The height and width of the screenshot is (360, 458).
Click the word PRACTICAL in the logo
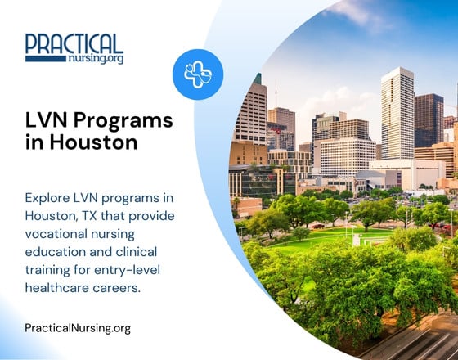74,43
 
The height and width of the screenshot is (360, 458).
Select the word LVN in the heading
46,121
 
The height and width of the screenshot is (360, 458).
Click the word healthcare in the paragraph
61,289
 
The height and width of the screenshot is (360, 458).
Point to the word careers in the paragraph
128,289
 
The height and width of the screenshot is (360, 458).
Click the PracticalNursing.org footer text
78,328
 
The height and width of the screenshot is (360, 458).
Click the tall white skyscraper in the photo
397,115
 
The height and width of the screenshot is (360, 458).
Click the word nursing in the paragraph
134,235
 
